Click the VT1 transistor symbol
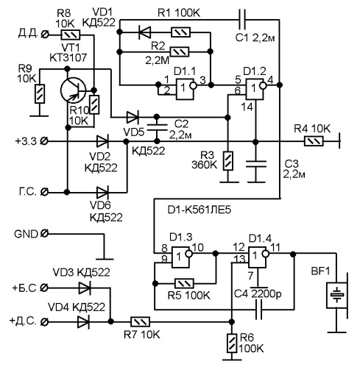pos(73,90)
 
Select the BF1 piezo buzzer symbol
pos(337,295)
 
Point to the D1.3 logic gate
pos(182,257)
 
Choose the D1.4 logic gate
pos(258,257)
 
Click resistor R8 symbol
pos(71,35)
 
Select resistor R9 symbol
pos(40,93)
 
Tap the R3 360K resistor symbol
pos(228,161)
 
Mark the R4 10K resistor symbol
pos(314,141)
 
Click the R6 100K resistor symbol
pos(232,343)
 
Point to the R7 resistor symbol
pos(140,321)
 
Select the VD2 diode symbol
pos(102,141)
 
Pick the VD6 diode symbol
pos(102,192)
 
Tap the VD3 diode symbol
pos(85,288)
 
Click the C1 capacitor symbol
pos(242,20)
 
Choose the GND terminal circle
pos(44,233)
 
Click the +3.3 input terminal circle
pos(44,141)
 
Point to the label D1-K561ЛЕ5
pos(200,210)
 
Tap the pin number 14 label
pos(247,107)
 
